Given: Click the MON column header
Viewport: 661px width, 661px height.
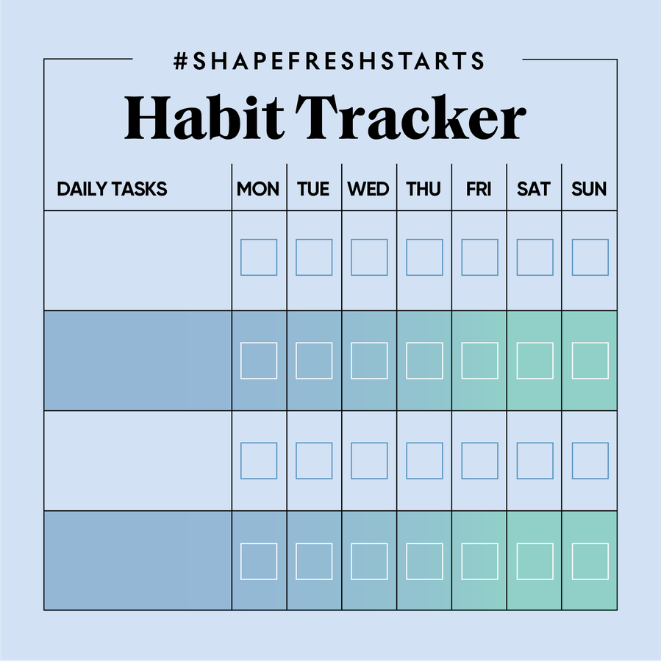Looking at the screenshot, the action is [258, 189].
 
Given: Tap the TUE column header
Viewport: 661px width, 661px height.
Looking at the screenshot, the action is [313, 189].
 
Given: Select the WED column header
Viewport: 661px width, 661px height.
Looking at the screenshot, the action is [368, 189].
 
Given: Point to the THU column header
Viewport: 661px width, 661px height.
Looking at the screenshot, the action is [424, 189].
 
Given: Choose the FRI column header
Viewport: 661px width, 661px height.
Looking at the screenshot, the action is [479, 189].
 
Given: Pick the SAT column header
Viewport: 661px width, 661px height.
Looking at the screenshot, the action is [534, 189].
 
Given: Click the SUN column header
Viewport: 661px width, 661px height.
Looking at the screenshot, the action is [589, 189].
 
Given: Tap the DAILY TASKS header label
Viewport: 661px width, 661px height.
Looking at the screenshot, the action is [112, 189].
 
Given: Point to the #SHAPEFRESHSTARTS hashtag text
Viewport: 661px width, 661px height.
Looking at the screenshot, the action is [329, 61].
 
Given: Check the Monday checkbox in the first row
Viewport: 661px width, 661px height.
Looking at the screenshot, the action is [259, 257].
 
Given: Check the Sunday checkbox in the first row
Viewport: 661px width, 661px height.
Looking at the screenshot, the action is [590, 257].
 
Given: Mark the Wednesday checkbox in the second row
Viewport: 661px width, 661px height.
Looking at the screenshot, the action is [369, 361].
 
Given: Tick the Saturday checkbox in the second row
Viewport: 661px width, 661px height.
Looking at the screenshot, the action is [535, 361].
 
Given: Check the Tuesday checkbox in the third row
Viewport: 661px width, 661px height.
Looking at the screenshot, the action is [314, 461].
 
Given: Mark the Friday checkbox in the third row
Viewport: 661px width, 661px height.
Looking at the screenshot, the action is [479, 461].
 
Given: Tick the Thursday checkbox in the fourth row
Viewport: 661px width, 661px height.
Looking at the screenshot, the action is [424, 562].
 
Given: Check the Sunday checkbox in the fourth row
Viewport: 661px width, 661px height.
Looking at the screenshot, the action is [590, 562].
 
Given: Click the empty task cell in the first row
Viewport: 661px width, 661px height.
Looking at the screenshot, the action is [137, 260].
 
